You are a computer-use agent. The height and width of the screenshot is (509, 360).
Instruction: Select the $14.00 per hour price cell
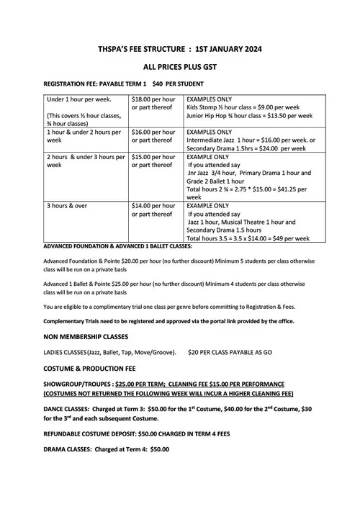pos(153,206)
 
